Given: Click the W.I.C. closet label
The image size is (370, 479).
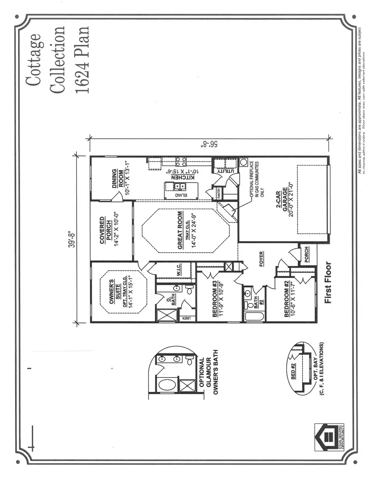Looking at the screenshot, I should coord(180,270).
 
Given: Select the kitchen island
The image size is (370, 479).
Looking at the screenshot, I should coord(181,190).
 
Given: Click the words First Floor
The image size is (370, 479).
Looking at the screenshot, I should coord(328,283).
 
